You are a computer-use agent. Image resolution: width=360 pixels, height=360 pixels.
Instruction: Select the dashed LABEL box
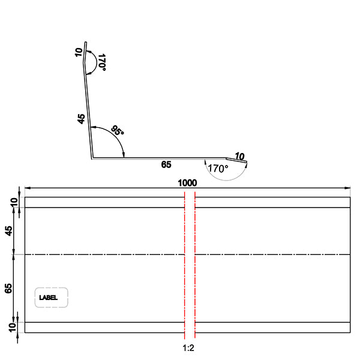pyautogui.click(x=52, y=298)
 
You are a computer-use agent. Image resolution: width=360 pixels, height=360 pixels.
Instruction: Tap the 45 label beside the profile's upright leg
pyautogui.click(x=82, y=119)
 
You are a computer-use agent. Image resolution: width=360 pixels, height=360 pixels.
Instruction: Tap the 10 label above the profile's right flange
pyautogui.click(x=239, y=156)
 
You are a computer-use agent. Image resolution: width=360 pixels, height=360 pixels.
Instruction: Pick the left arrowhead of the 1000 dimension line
pyautogui.click(x=27, y=188)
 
